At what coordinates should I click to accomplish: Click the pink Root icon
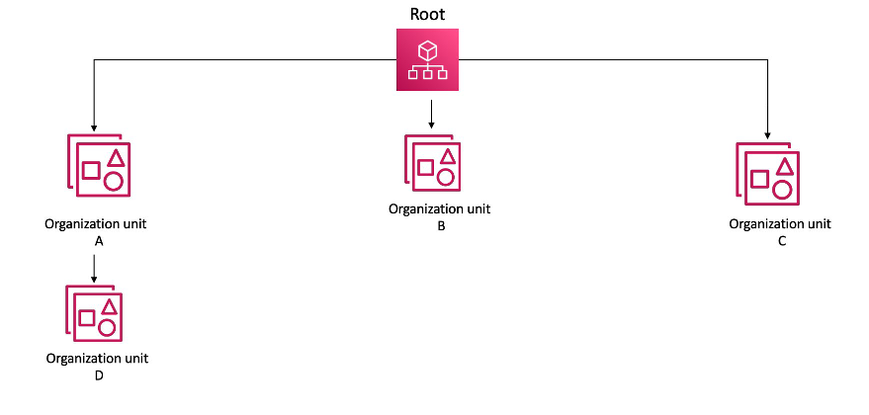pos(428,60)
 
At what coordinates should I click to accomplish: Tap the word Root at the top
pos(428,14)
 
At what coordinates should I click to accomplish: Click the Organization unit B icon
pos(432,161)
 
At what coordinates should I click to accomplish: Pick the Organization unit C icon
pos(767,173)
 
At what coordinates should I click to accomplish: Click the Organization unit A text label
pos(96,231)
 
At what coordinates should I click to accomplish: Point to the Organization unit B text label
pos(439,216)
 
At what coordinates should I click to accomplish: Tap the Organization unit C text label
pos(780,231)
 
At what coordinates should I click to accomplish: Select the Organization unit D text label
pos(97,366)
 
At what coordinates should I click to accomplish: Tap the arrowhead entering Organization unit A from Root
pos(93,127)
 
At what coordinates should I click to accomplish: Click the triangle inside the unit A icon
pos(116,157)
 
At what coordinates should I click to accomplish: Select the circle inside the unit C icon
pos(782,190)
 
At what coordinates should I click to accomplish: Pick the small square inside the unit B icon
pos(425,168)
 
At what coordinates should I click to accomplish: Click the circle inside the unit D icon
pos(107,326)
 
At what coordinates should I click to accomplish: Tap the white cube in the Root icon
pos(428,48)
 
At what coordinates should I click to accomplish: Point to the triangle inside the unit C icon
pos(784,167)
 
